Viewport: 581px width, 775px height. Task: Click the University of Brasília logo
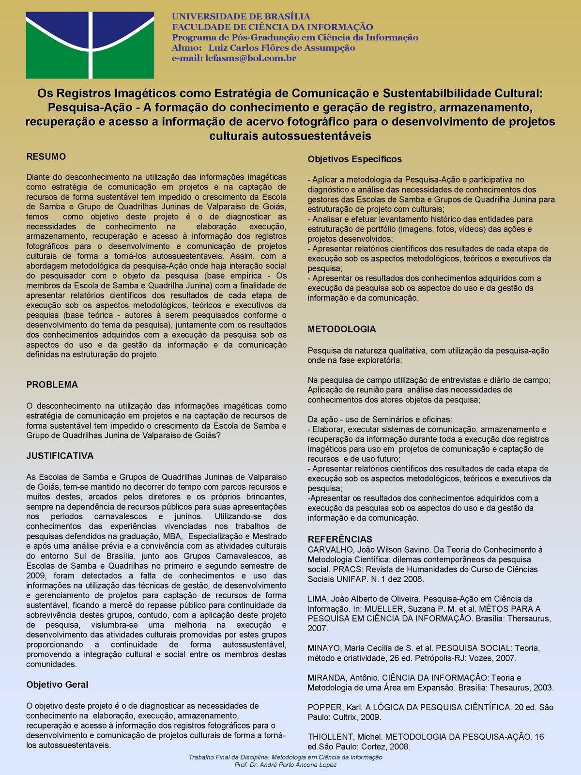[90, 45]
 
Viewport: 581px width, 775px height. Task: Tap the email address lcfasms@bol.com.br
[251, 59]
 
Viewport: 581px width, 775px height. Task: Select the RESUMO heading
[46, 157]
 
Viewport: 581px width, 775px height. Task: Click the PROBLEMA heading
[52, 385]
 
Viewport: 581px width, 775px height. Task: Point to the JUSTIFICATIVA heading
[60, 456]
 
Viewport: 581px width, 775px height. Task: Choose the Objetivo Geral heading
[57, 685]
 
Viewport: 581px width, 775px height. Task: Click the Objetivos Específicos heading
[354, 159]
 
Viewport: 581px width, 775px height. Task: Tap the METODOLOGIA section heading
[341, 329]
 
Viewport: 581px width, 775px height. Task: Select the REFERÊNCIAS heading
[340, 539]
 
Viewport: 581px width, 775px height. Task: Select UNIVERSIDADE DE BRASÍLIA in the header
[241, 16]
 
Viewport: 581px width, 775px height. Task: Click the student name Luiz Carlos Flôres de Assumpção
[281, 48]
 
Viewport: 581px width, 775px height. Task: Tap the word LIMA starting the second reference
[317, 599]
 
